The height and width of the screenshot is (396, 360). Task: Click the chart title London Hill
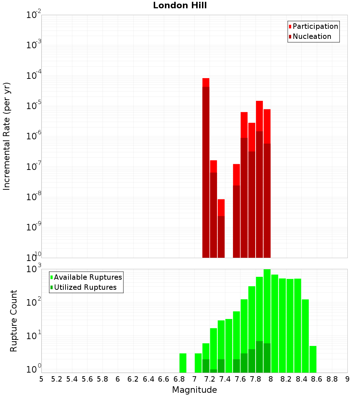pyautogui.click(x=180, y=6)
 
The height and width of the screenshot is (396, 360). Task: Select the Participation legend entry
pyautogui.click(x=315, y=26)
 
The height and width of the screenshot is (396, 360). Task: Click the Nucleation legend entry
pyautogui.click(x=311, y=36)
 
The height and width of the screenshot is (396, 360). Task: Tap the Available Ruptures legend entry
pyautogui.click(x=87, y=277)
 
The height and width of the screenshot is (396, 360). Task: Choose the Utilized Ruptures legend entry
pyautogui.click(x=85, y=287)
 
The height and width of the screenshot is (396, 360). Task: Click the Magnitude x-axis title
pyautogui.click(x=194, y=390)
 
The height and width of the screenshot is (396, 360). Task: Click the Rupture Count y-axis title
pyautogui.click(x=14, y=320)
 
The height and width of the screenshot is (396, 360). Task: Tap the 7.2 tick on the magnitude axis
pyautogui.click(x=210, y=379)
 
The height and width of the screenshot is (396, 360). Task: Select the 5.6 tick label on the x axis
pyautogui.click(x=87, y=379)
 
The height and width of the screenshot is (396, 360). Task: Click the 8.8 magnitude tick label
pyautogui.click(x=332, y=379)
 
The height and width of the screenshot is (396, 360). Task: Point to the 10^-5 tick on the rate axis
pyautogui.click(x=33, y=106)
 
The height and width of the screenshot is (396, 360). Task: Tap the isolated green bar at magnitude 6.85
pyautogui.click(x=183, y=363)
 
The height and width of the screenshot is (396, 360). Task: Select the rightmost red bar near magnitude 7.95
pyautogui.click(x=267, y=180)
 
